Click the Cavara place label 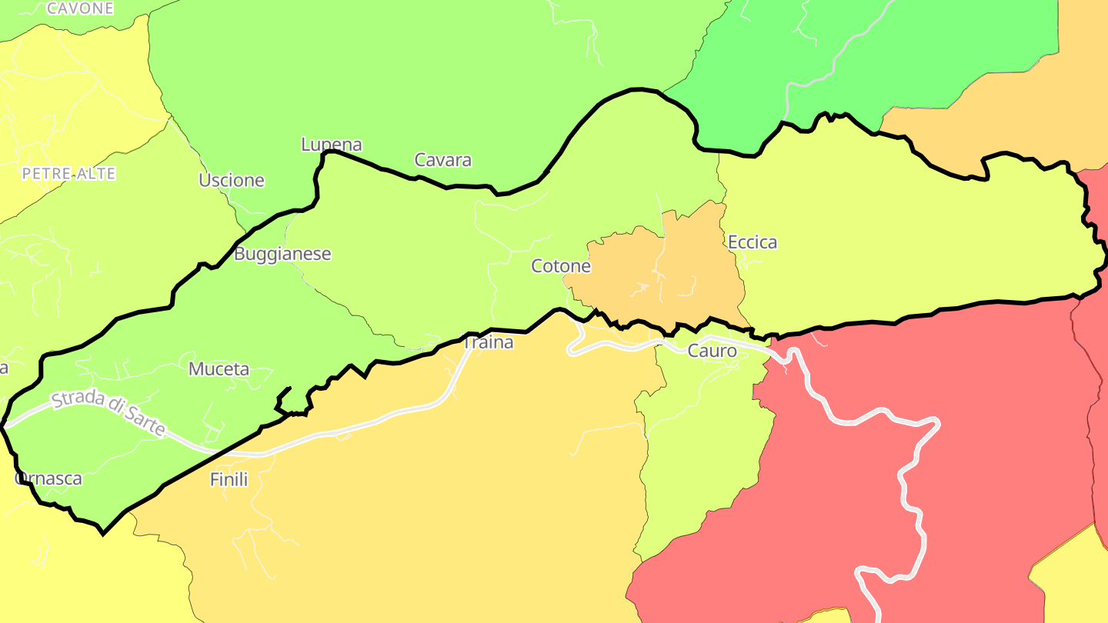442,160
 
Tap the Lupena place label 331,144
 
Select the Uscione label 231,180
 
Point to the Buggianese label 282,253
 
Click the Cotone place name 561,266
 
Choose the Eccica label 753,242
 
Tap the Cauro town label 712,351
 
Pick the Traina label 488,342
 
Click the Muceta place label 219,369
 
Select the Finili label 229,479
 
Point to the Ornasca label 48,478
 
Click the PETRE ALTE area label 68,174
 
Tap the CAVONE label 80,8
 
